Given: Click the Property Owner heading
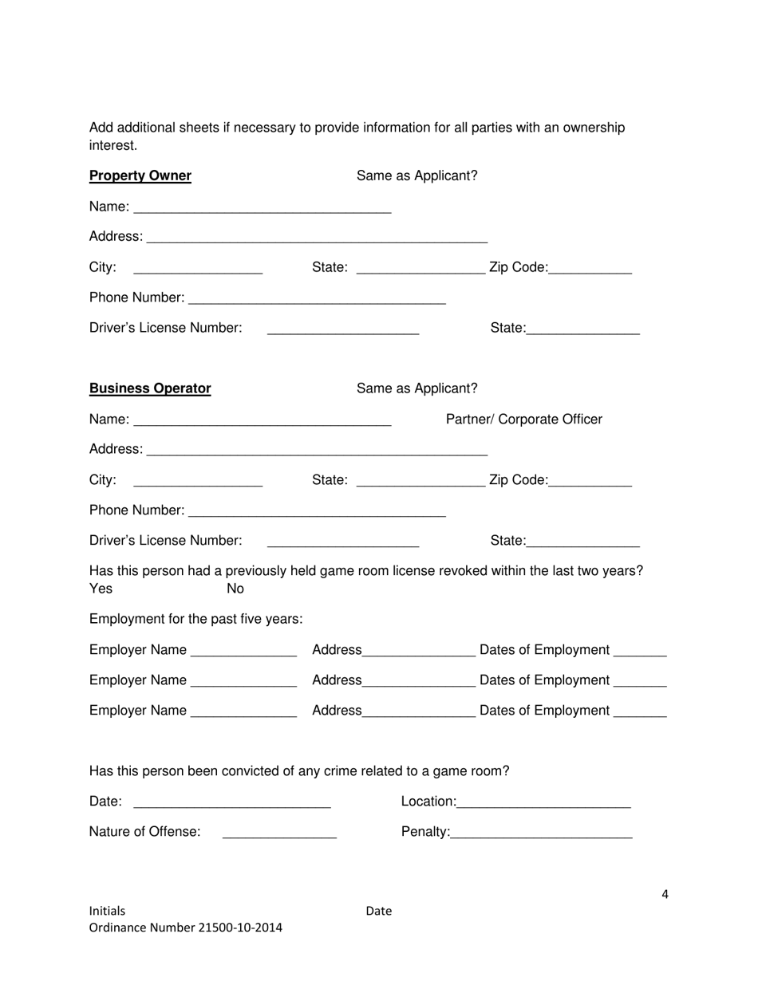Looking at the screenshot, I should click(140, 175).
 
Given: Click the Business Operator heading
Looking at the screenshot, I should click(150, 388).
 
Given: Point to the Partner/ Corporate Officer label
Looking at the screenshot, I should click(523, 420).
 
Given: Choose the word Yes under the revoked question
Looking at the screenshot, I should click(101, 589).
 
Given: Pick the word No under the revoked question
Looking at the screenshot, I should click(235, 589).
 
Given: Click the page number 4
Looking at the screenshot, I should click(665, 894).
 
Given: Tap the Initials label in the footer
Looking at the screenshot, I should click(107, 911).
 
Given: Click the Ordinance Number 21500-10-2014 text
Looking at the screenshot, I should click(185, 928).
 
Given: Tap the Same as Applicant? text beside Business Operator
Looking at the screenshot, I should click(417, 388).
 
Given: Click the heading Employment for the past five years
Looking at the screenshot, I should click(195, 619).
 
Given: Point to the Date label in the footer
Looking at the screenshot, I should click(379, 911).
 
